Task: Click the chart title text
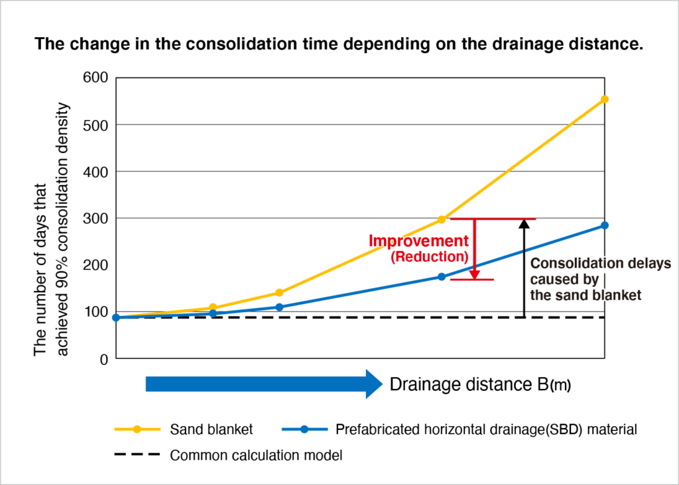(x=339, y=45)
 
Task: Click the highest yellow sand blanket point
(x=604, y=99)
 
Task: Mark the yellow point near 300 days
(x=442, y=219)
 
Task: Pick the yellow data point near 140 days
(x=279, y=293)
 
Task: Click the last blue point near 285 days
(x=604, y=225)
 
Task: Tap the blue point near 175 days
(x=442, y=277)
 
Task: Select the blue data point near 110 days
(x=279, y=307)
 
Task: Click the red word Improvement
(x=418, y=241)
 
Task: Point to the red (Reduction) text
(x=429, y=256)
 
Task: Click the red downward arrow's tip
(x=474, y=276)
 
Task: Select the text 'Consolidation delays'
(x=601, y=263)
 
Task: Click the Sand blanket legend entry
(x=211, y=429)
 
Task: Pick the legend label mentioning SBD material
(x=486, y=429)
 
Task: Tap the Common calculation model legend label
(x=256, y=455)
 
